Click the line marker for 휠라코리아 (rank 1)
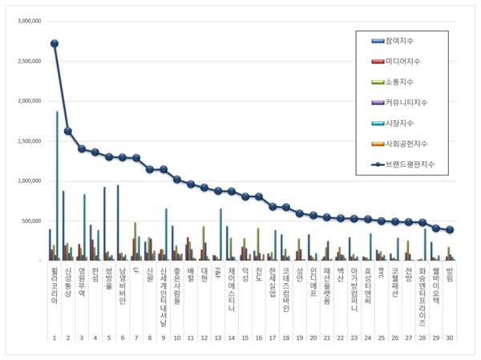pyautogui.click(x=55, y=43)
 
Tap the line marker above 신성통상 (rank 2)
pyautogui.click(x=68, y=131)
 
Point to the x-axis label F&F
pyautogui.click(x=218, y=273)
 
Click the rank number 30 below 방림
pyautogui.click(x=450, y=338)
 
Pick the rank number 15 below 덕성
pyautogui.click(x=245, y=338)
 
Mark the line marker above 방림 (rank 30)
pyautogui.click(x=450, y=229)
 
